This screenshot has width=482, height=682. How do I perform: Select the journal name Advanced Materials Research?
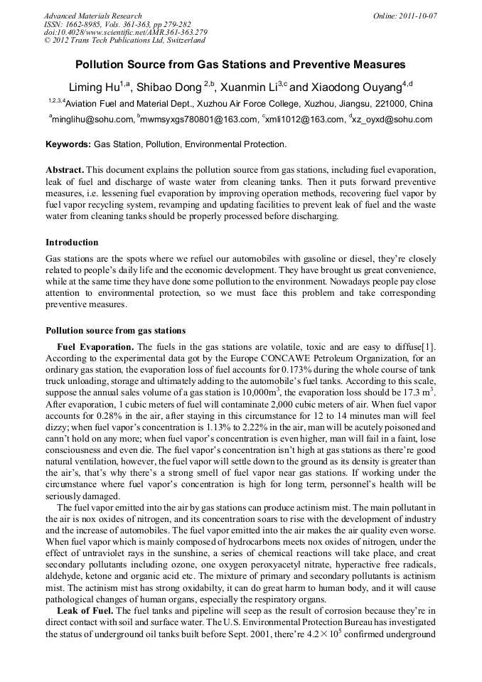(92, 16)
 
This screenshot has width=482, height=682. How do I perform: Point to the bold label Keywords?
(68, 144)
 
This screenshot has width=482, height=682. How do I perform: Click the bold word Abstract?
(66, 171)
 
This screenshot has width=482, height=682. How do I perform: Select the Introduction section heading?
(72, 243)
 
